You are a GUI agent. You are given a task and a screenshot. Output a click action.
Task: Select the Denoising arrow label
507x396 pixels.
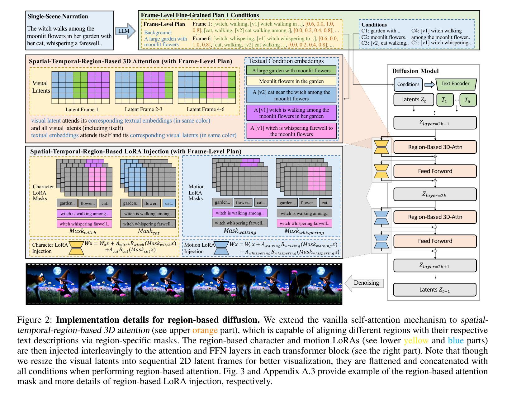[x=366, y=283]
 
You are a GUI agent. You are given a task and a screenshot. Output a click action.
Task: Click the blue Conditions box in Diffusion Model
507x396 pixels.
[x=408, y=85]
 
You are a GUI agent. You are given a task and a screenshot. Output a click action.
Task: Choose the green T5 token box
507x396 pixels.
[x=467, y=100]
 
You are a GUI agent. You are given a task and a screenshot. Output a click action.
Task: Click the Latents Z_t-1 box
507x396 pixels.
[x=435, y=290]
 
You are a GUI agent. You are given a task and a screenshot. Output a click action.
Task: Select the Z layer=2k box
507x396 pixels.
[x=435, y=194]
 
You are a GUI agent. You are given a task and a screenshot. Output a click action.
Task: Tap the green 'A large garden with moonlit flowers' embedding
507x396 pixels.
[x=291, y=70]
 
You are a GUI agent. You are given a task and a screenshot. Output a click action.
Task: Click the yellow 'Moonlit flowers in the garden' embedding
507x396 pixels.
[x=291, y=81]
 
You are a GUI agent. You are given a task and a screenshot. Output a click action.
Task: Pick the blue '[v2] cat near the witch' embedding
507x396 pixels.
[x=291, y=95]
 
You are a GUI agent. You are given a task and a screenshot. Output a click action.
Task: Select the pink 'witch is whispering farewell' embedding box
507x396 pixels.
[x=291, y=131]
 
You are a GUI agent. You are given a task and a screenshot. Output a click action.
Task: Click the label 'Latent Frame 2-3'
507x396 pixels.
[x=144, y=109]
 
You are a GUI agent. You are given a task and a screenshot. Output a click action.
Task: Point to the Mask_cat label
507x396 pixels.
[x=149, y=232]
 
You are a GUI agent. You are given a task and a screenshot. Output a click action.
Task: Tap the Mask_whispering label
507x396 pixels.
[x=304, y=232]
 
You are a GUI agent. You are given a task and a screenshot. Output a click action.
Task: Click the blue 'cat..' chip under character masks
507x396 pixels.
[x=169, y=203]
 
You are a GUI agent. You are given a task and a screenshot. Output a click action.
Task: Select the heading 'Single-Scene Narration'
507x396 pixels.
[x=58, y=17]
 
